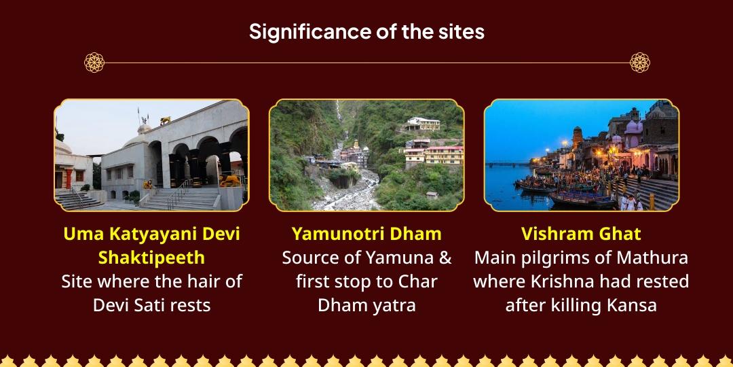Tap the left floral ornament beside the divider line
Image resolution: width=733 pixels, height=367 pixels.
tap(94, 63)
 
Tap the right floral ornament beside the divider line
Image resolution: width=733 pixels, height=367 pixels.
tap(639, 63)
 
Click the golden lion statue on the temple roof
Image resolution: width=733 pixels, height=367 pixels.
tap(165, 120)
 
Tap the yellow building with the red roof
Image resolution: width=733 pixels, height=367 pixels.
tap(426, 155)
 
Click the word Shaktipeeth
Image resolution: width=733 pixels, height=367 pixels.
tap(151, 258)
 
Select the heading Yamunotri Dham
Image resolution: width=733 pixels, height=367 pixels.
tap(366, 234)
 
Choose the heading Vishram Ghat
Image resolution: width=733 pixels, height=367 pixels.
tap(581, 234)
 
